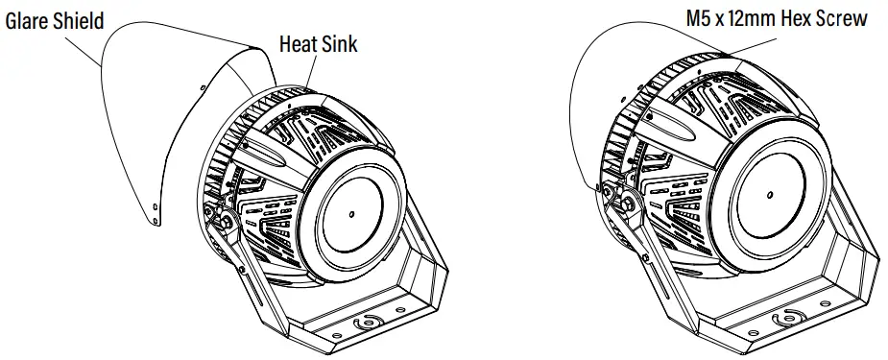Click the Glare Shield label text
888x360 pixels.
pyautogui.click(x=55, y=21)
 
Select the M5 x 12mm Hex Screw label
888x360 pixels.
pyautogui.click(x=774, y=18)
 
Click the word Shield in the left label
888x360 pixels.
pyautogui.click(x=79, y=21)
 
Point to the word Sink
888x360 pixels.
pyautogui.click(x=339, y=43)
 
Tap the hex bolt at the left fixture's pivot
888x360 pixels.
pyautogui.click(x=227, y=222)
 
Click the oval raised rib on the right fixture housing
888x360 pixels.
pyautogui.click(x=672, y=126)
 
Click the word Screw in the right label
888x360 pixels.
pyautogui.click(x=841, y=18)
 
